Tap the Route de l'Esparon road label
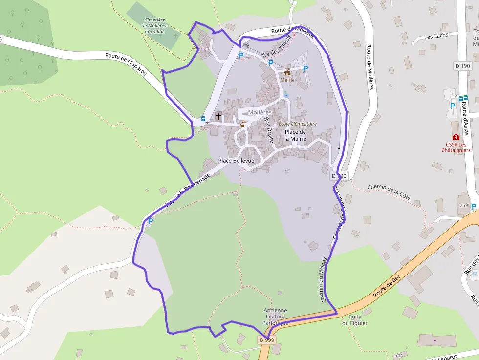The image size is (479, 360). coord(126,63)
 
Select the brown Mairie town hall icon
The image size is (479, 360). coord(287,72)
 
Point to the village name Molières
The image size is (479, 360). coord(260,112)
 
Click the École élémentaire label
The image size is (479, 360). coord(297,124)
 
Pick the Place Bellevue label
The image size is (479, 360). coord(236,161)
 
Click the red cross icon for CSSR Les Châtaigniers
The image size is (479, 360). coord(456,137)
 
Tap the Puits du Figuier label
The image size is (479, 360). coord(352,319)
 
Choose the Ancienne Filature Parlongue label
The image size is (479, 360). coord(275,317)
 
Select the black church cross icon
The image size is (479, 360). coord(218,116)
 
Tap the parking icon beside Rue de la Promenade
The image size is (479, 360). coord(150,221)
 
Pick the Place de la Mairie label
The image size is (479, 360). coord(295,135)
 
